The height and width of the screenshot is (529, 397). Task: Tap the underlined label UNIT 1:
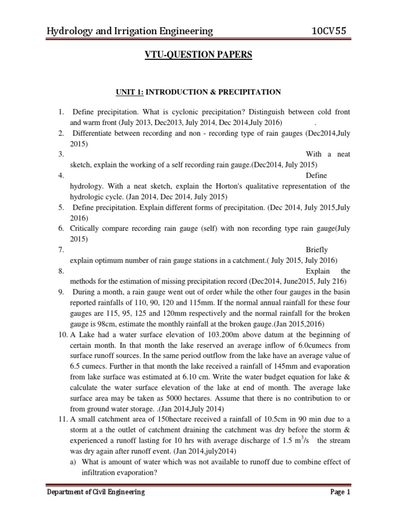129,92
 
